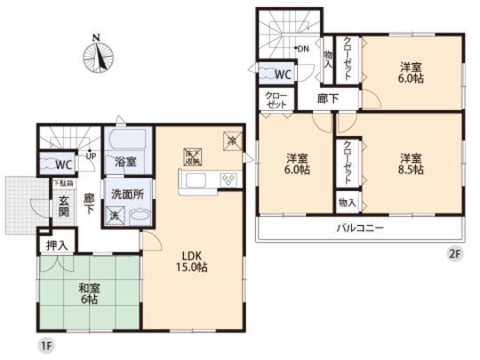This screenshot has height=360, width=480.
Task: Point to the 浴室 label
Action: pos(124,162)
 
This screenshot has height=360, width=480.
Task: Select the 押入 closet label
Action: pos(53,241)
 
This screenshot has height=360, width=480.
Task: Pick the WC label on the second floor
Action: pos(284,74)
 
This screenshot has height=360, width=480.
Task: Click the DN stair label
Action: pos(302,48)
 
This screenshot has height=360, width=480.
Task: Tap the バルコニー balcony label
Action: pos(360,228)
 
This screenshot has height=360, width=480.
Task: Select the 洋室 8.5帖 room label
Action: pos(410,165)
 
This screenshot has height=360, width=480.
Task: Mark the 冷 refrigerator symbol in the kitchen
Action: pos(231,139)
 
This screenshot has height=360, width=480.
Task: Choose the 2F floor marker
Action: pos(455,254)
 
